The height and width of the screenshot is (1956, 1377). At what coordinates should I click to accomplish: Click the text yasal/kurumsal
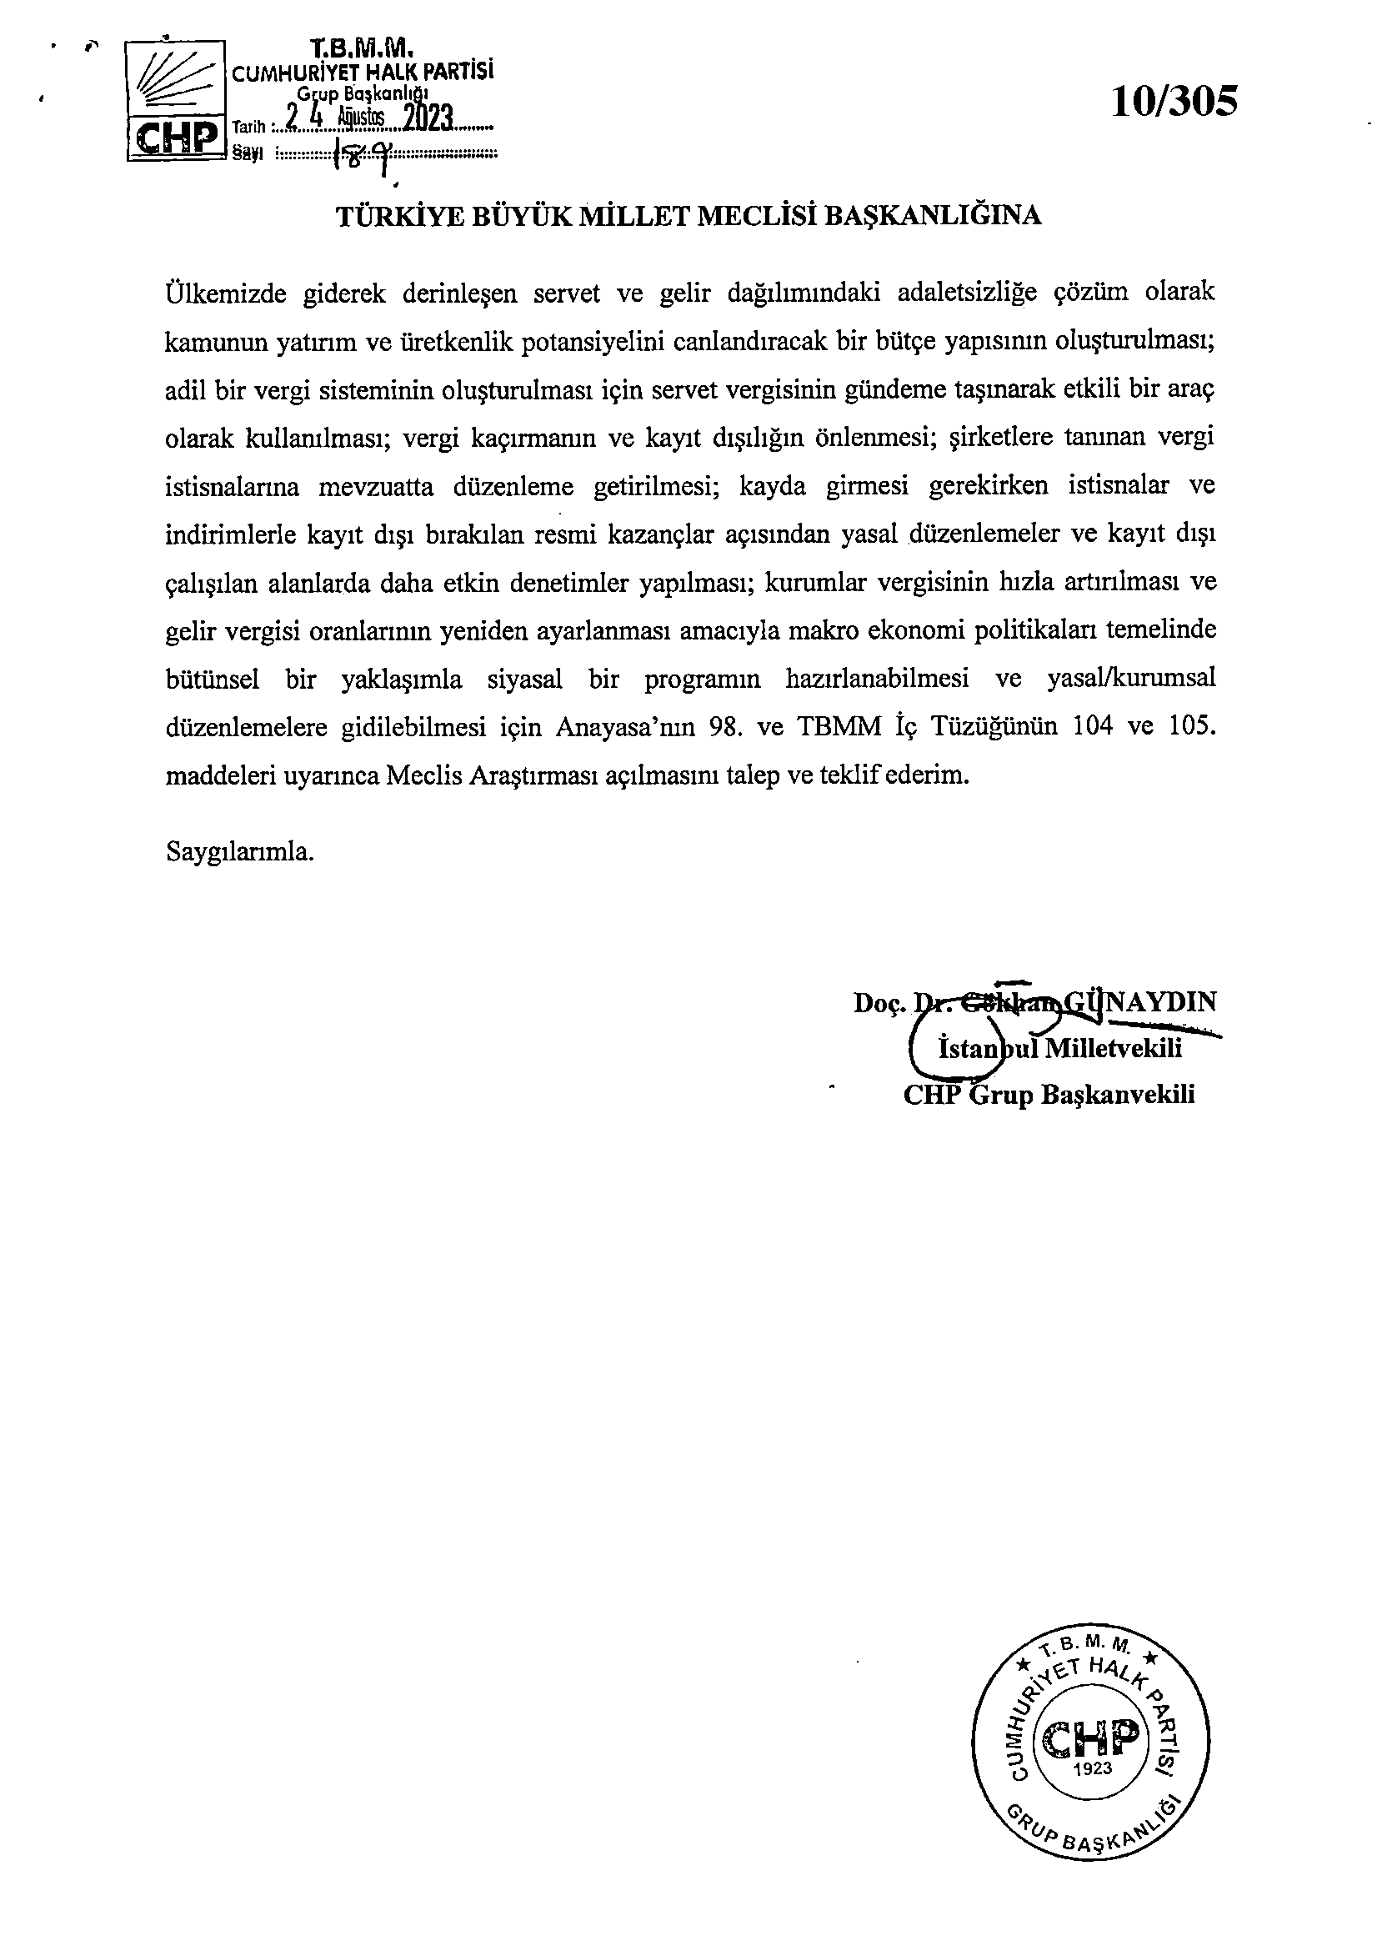click(x=1129, y=679)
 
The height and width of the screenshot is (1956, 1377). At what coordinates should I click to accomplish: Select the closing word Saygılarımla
click(x=240, y=851)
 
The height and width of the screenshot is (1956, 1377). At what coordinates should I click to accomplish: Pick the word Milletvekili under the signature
click(x=1112, y=1048)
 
